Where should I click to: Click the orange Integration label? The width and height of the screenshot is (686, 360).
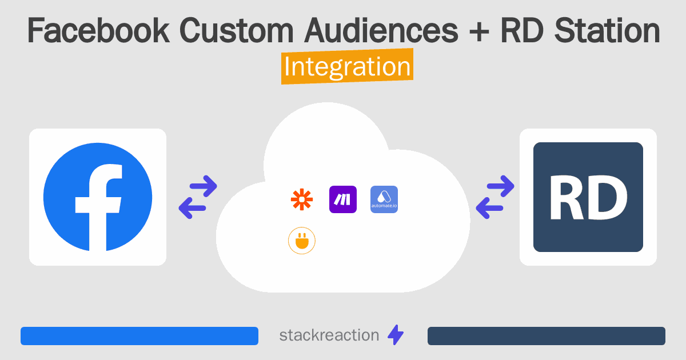click(347, 67)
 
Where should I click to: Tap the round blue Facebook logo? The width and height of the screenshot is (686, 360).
click(98, 197)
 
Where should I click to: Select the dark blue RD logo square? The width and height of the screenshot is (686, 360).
click(588, 197)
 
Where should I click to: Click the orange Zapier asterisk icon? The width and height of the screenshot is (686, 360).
click(302, 199)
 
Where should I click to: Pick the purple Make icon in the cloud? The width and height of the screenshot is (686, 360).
click(343, 199)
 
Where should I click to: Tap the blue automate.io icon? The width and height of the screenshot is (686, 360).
click(384, 199)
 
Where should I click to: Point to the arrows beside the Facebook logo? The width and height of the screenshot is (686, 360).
click(198, 197)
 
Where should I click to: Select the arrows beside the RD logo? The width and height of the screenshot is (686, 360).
click(495, 197)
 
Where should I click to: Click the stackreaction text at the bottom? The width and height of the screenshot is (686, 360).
click(329, 335)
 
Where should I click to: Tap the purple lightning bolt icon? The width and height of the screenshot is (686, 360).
click(396, 335)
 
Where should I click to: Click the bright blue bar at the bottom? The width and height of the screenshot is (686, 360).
click(139, 336)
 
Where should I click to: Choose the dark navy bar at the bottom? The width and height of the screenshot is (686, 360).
click(547, 336)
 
